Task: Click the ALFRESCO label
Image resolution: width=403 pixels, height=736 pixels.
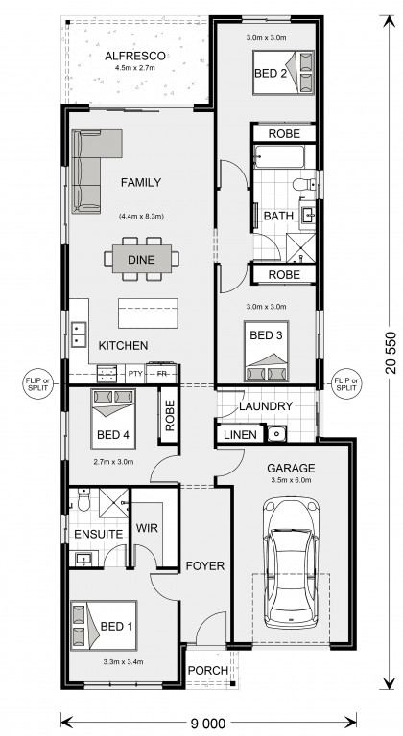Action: tap(135, 56)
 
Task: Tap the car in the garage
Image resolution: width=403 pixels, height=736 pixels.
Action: tap(291, 563)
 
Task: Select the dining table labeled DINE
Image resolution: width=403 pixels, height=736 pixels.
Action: tap(141, 259)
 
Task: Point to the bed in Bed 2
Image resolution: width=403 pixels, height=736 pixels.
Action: tap(283, 73)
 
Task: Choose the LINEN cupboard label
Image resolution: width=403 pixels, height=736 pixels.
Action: tap(240, 435)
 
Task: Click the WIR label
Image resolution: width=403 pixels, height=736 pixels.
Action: tap(147, 528)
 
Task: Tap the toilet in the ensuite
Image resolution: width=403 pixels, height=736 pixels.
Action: tap(83, 501)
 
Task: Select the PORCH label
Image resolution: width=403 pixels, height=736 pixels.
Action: tap(208, 670)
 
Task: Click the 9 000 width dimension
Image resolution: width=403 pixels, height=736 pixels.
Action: tap(208, 722)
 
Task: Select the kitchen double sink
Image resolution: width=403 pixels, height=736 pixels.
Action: tap(78, 334)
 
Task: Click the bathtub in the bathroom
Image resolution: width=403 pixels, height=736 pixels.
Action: tap(279, 157)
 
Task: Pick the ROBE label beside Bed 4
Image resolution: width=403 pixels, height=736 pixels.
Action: tap(170, 415)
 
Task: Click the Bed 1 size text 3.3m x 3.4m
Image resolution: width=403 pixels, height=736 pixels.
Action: tap(123, 662)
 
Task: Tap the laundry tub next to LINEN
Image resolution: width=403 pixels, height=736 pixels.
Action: tap(276, 434)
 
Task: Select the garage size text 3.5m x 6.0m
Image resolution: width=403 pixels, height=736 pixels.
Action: tap(291, 480)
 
